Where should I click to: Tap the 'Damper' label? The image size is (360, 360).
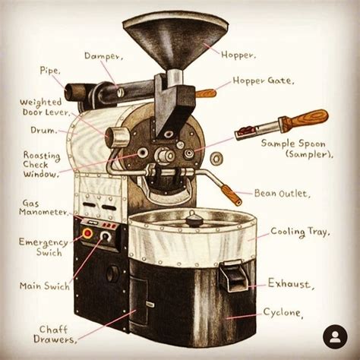(103, 56)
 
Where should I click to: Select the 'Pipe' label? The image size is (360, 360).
(50, 71)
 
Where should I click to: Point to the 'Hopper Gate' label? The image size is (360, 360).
(264, 81)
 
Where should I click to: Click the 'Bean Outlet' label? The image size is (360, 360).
(281, 194)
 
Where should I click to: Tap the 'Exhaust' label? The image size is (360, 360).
(289, 283)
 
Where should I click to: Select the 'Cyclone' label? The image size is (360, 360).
(283, 312)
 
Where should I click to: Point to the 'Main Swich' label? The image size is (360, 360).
(45, 286)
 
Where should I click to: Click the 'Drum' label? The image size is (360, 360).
(43, 130)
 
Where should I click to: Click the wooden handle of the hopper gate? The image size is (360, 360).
(206, 93)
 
